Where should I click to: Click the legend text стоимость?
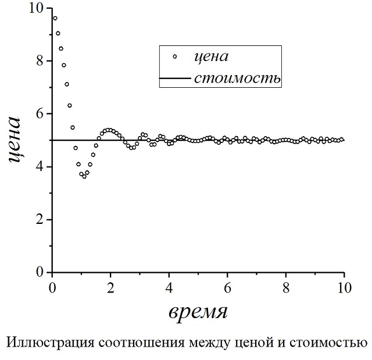[238, 78]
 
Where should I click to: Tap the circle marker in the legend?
[174, 56]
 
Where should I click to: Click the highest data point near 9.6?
[55, 18]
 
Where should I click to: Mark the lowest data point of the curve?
[84, 176]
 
